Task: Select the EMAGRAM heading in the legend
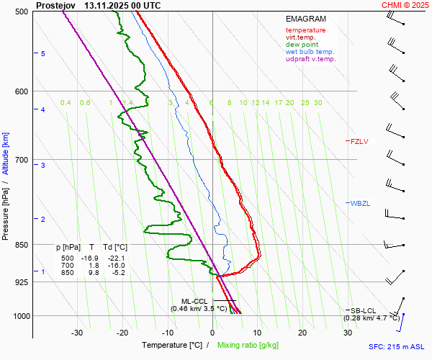(306, 19)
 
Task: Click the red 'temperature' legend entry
(305, 30)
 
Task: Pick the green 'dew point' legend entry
(302, 45)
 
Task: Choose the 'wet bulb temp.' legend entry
(310, 52)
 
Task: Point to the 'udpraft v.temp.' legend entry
(310, 59)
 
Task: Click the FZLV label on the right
(359, 142)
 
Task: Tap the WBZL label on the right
(360, 204)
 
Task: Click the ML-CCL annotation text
(194, 301)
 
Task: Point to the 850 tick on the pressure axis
(21, 245)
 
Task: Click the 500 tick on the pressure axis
(21, 12)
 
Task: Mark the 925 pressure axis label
(21, 282)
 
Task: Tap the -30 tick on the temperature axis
(77, 333)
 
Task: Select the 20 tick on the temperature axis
(302, 333)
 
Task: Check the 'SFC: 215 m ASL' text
(398, 347)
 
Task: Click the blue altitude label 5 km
(42, 54)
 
